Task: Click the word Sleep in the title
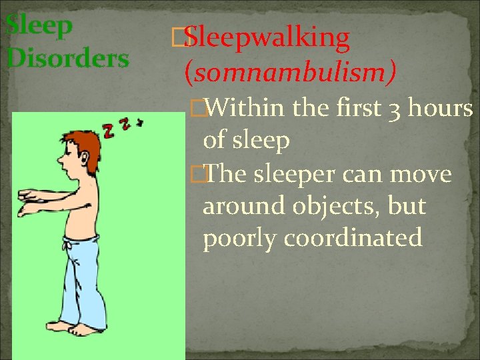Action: point(39,27)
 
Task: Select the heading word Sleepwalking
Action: point(267,39)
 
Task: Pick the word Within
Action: point(247,107)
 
